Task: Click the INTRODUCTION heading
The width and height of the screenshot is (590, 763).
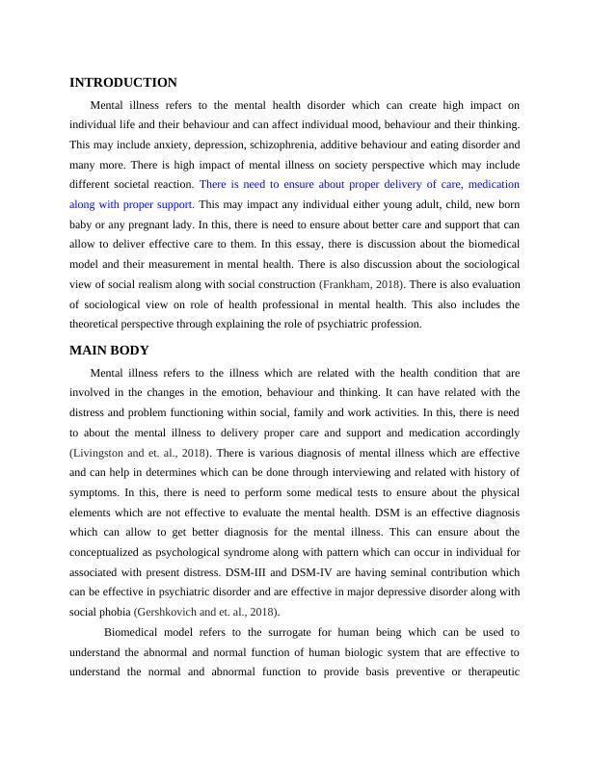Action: pos(123,83)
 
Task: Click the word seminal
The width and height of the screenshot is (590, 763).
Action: pos(367,571)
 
